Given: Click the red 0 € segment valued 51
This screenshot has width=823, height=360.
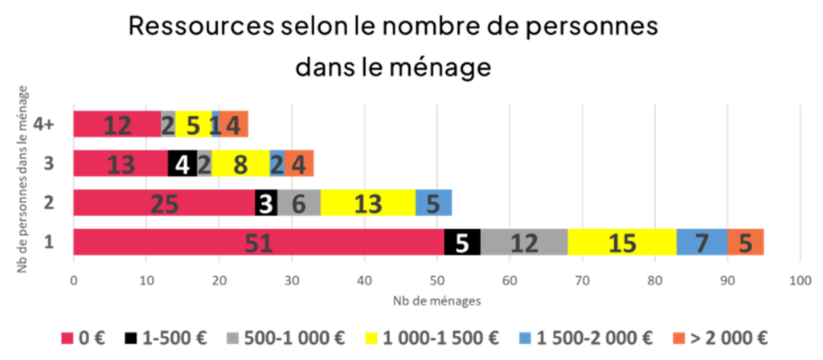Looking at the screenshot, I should (x=258, y=243).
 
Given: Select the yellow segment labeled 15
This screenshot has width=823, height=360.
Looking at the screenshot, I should (x=622, y=243).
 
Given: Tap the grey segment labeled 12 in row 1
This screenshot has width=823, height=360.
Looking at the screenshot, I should (x=524, y=243).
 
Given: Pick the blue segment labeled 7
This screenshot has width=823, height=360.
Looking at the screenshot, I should (x=701, y=243).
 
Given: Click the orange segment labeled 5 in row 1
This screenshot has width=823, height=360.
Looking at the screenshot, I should (x=745, y=243).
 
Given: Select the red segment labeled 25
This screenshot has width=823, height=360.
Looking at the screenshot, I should (x=164, y=204).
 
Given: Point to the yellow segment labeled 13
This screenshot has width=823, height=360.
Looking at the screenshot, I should (x=367, y=204).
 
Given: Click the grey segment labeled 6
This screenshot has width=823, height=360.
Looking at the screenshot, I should (x=298, y=204).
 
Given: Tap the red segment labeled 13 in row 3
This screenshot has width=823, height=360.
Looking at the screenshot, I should (x=121, y=165).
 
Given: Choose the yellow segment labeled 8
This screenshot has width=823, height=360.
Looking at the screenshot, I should (x=240, y=165).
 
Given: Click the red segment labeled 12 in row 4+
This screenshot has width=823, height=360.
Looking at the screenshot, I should (x=117, y=125).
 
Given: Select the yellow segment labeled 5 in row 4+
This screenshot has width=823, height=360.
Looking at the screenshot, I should (x=193, y=125).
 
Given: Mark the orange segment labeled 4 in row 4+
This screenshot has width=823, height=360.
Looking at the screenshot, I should (x=234, y=125).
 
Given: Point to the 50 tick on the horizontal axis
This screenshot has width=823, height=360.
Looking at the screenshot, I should (x=436, y=281).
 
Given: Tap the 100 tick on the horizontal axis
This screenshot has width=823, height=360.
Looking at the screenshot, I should (x=799, y=281).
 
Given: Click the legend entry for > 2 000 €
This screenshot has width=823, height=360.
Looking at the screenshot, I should (x=719, y=338).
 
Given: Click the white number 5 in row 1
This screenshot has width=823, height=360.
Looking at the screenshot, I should (x=461, y=243).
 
